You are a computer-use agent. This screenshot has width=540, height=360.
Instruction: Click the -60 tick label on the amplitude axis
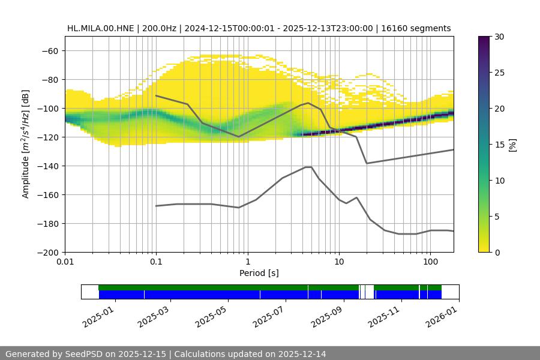tap(50, 50)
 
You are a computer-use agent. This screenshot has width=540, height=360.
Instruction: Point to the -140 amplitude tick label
tap(47, 166)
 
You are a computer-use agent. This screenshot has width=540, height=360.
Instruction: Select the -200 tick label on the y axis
tap(47, 252)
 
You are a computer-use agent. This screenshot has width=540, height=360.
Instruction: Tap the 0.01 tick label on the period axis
tap(65, 263)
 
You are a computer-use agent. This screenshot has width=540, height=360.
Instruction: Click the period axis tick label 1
tap(248, 263)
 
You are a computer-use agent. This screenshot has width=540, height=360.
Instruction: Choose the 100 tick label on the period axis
tap(430, 263)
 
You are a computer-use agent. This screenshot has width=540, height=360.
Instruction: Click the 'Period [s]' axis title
tap(259, 274)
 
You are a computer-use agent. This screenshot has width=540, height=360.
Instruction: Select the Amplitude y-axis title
tap(26, 144)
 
